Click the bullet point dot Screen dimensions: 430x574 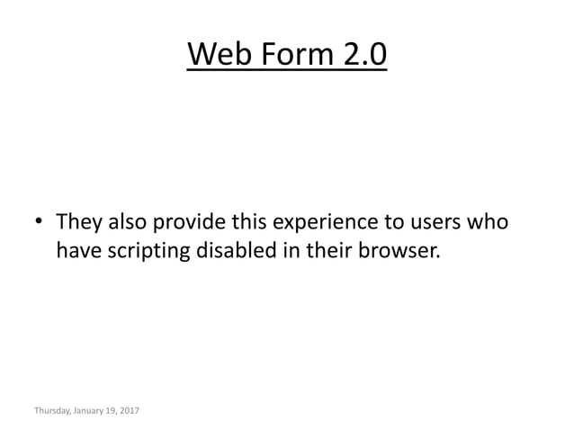pyautogui.click(x=40, y=222)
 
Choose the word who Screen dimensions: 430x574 pyautogui.click(x=490, y=221)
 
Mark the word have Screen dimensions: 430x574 pyautogui.click(x=79, y=251)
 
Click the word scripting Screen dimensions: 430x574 pyautogui.click(x=151, y=252)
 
